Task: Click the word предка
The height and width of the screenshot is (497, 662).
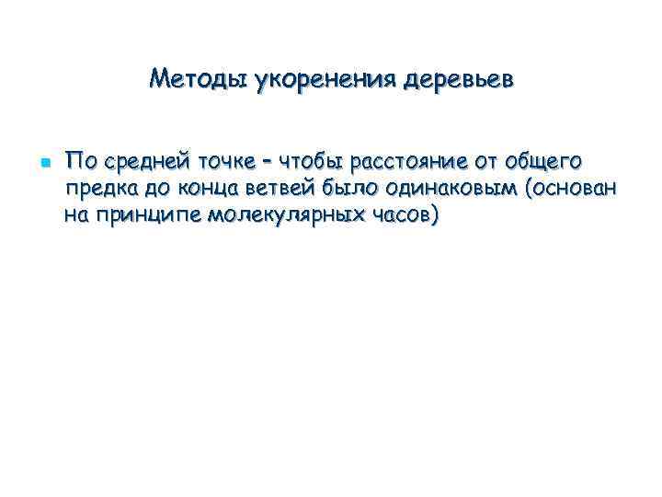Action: point(101,191)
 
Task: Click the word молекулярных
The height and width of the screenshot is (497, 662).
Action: point(289,217)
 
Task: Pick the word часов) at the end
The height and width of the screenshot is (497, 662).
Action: point(409,217)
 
